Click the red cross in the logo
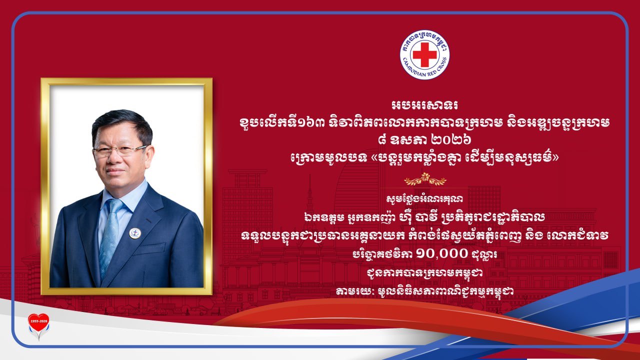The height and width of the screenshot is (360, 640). (x=424, y=54)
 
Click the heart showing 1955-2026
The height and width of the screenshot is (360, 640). (x=38, y=322)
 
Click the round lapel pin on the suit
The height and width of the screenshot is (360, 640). (x=135, y=233)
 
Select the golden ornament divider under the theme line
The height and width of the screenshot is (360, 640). (x=425, y=179)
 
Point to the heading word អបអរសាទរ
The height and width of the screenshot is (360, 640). (x=424, y=105)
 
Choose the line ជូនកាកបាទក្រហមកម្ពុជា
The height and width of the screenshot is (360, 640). (x=425, y=273)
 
